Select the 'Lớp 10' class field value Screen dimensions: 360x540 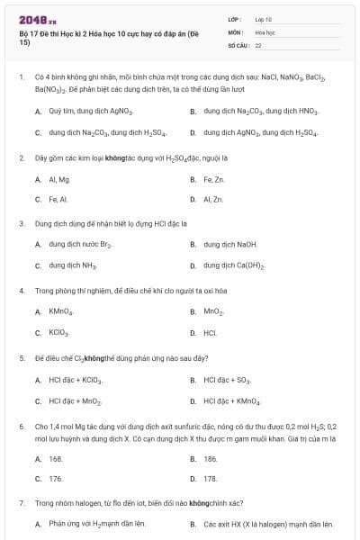(263, 19)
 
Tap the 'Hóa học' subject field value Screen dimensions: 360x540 (265, 31)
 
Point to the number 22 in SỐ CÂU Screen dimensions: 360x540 (258, 44)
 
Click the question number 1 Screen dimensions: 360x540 (21, 78)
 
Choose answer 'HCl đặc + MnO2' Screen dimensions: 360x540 (76, 400)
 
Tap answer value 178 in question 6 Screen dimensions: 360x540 (211, 479)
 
